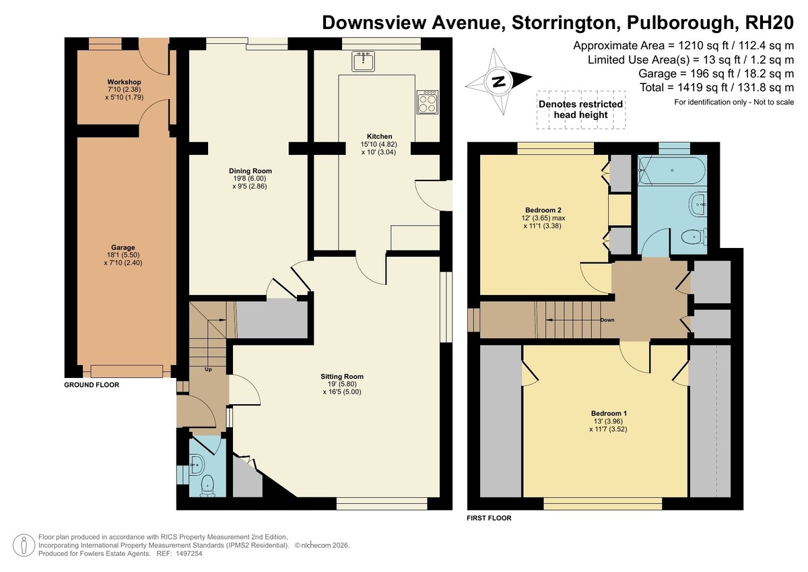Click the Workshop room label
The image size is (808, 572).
coord(124,82)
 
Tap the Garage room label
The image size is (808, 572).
coord(123,247)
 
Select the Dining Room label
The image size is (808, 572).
coord(250,170)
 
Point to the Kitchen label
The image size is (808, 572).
coord(379,136)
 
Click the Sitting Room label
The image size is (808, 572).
coord(342,377)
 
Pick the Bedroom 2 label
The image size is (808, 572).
coord(543,210)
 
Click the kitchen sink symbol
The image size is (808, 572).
coord(363,61)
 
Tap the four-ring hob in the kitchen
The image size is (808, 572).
coord(428,102)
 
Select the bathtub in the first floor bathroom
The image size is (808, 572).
coord(672,170)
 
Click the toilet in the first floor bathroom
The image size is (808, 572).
coord(694,237)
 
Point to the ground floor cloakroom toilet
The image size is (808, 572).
coord(208,486)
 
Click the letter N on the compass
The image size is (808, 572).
coord(499,82)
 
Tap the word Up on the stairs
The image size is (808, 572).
coord(208,369)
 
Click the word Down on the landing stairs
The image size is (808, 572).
coord(607,320)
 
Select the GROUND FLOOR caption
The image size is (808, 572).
coord(92,385)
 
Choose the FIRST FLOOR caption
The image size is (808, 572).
coord(489,518)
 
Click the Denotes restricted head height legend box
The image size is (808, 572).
coord(580,109)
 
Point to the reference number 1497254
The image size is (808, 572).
coord(189,553)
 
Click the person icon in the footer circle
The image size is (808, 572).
coord(24,545)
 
